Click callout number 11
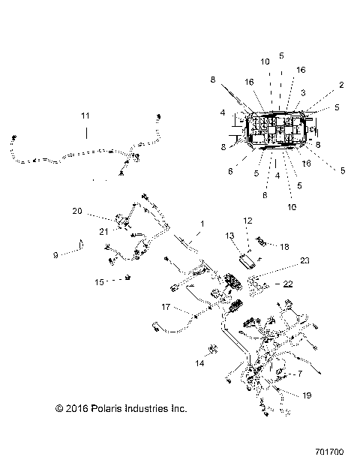coord(85,116)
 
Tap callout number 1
coord(201,224)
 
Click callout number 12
coord(247,221)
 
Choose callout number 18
coord(284,245)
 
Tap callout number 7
coord(300,373)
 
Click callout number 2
coord(341,85)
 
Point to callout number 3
coord(304,92)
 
